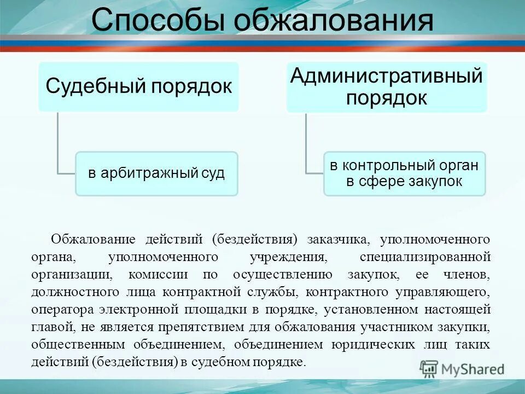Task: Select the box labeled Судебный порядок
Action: [x=138, y=86]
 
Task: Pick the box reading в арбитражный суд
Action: [x=156, y=173]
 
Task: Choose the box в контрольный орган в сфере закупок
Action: [x=404, y=173]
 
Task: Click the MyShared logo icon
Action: [x=429, y=369]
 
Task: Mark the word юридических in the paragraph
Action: [x=373, y=345]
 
